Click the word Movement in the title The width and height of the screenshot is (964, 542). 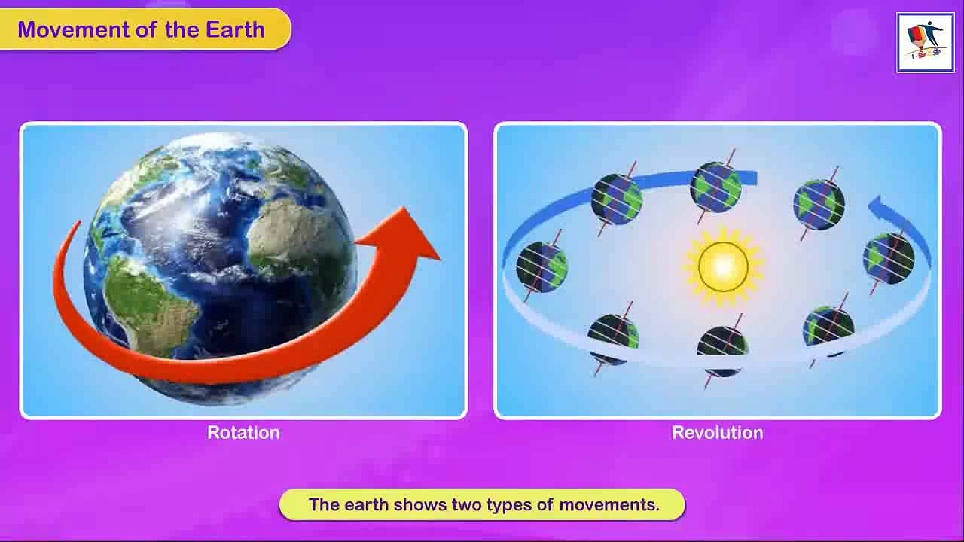click(73, 29)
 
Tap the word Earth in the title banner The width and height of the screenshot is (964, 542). click(235, 29)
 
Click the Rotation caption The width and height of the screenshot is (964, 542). click(243, 432)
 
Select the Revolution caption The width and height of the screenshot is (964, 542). click(718, 432)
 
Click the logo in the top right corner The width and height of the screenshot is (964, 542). click(926, 43)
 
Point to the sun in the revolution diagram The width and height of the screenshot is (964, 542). click(723, 266)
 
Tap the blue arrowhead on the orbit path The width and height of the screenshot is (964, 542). click(878, 206)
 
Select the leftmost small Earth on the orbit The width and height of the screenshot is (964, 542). click(541, 266)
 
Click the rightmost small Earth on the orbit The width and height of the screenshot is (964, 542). click(888, 258)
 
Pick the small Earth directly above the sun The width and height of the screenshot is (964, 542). click(715, 187)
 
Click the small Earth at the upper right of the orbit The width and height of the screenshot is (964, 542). click(819, 205)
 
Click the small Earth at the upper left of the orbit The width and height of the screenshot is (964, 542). click(617, 199)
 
